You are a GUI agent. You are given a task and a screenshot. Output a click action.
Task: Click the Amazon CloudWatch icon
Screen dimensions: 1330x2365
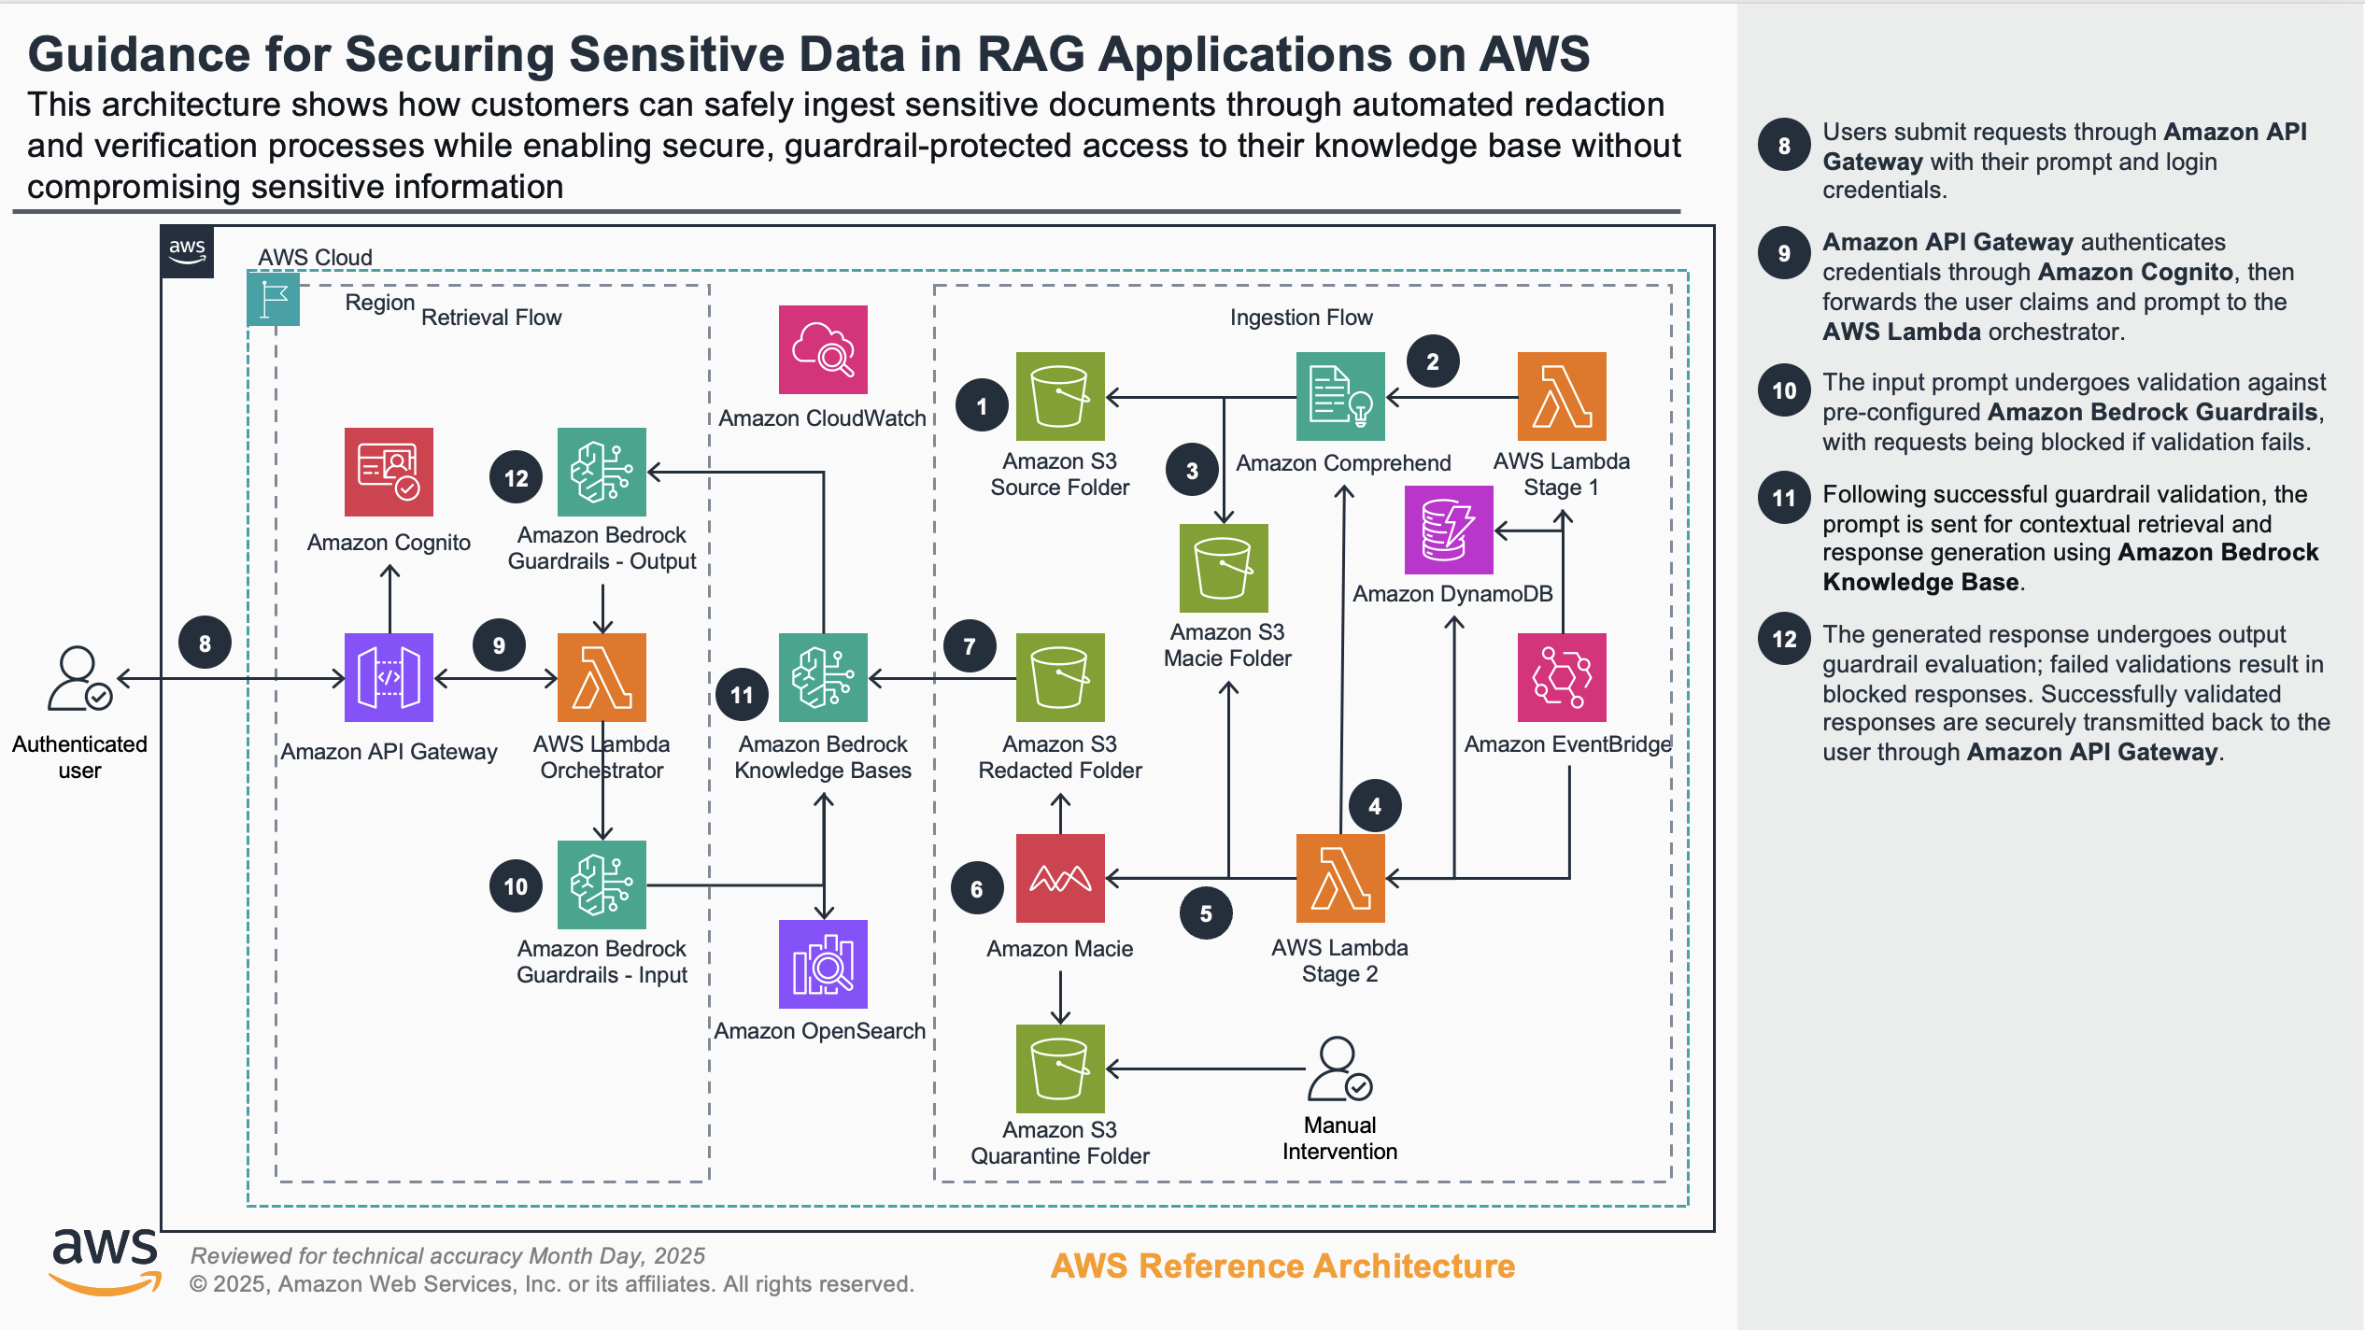823,349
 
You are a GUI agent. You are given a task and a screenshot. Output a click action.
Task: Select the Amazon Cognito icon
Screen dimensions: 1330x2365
389,472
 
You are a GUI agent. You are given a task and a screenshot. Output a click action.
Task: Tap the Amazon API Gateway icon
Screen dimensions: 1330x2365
389,677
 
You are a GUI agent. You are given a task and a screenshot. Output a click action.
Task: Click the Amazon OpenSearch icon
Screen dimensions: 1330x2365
823,964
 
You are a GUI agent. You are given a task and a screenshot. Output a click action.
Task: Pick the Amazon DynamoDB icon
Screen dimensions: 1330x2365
1449,530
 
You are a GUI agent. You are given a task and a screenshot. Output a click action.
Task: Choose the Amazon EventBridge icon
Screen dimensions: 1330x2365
1562,677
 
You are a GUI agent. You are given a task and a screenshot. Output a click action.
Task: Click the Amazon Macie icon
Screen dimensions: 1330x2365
1060,878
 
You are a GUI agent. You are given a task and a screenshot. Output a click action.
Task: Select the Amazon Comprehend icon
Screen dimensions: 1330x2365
1340,396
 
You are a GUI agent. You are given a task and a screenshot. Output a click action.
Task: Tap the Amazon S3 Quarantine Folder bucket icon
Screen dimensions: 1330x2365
1060,1068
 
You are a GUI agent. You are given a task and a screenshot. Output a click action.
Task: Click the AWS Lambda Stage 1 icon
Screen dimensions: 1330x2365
1562,396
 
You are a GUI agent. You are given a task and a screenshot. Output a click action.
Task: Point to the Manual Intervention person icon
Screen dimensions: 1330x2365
1339,1068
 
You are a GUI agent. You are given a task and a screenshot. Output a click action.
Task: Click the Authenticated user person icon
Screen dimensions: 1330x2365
79,678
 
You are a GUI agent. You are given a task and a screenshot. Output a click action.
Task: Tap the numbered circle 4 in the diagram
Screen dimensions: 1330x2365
1375,806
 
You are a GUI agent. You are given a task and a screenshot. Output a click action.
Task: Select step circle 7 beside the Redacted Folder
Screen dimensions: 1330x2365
970,645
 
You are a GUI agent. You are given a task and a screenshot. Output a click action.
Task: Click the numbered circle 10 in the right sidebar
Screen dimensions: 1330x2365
1784,390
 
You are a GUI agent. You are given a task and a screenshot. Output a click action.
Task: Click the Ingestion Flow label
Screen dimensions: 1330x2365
1301,318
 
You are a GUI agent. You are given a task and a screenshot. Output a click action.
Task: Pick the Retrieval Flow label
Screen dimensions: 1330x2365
491,318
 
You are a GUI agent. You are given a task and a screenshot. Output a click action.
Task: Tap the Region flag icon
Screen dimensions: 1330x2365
274,299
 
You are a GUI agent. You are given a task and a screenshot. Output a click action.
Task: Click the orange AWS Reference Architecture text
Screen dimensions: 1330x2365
1282,1266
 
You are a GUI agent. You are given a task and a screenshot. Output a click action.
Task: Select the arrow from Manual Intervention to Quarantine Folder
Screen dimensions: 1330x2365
1205,1068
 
